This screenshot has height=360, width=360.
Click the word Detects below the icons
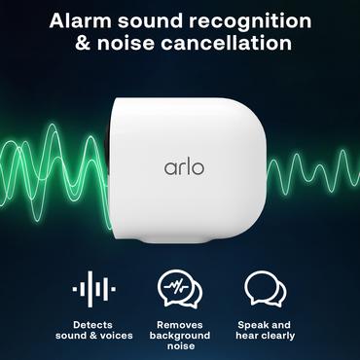coord(93,324)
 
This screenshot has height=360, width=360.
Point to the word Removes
coord(179,324)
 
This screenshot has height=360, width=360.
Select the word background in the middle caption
coord(179,336)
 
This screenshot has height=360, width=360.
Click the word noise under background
coord(179,347)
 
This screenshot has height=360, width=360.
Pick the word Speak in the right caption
coord(252,324)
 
